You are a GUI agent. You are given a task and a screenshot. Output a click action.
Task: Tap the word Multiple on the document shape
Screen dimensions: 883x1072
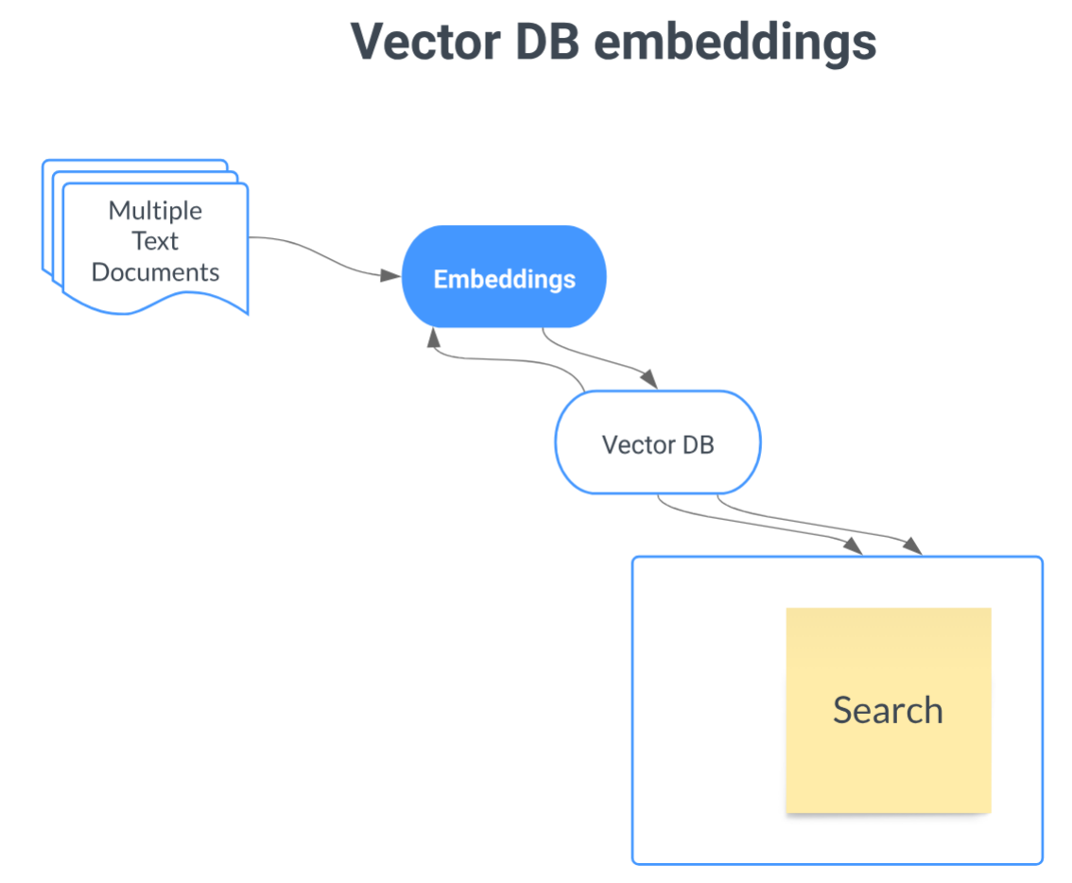point(155,210)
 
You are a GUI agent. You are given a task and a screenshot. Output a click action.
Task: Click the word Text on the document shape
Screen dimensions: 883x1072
point(155,241)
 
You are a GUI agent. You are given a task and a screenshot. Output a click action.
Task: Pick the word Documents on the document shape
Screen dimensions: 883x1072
point(155,272)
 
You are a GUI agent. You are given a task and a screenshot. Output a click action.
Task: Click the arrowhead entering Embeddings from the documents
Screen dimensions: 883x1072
point(390,275)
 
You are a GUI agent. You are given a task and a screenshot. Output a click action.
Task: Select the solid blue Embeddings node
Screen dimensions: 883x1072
point(504,277)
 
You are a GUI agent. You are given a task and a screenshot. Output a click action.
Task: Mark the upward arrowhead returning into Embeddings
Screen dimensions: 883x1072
point(433,338)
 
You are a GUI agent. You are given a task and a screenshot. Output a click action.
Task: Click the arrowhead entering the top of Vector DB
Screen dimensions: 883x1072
point(648,379)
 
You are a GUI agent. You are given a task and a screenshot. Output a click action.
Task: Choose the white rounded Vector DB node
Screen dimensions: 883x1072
point(657,441)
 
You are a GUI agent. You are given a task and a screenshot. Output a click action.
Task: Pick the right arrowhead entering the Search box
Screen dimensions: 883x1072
point(912,546)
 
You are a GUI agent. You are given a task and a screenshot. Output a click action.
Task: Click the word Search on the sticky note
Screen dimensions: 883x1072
point(888,710)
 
